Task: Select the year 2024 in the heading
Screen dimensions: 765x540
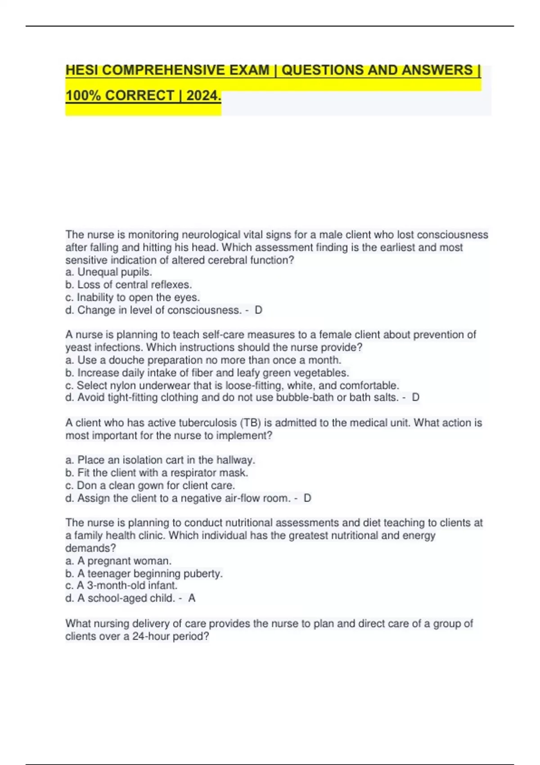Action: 203,96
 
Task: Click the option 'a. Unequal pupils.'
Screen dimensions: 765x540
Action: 108,272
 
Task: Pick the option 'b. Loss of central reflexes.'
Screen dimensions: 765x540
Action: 128,285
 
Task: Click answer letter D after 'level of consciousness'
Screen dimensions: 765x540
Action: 258,310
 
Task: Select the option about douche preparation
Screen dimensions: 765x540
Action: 203,360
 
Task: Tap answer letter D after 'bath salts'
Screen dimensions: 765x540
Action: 416,397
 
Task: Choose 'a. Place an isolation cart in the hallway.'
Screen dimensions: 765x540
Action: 160,460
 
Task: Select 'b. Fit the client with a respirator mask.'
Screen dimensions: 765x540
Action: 157,473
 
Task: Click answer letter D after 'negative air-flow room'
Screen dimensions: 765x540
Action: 308,498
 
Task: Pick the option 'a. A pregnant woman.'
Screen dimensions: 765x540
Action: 118,561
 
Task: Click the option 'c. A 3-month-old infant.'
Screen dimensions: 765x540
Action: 121,585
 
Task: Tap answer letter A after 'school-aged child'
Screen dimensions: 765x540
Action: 192,598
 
